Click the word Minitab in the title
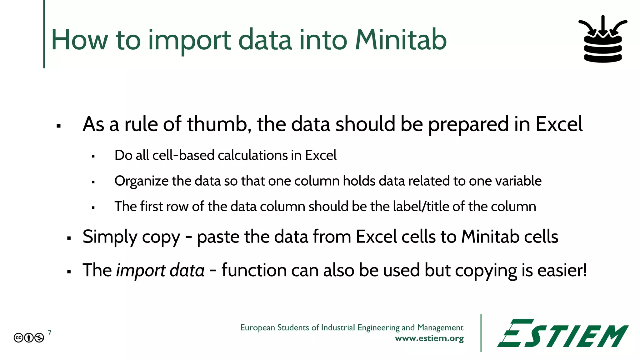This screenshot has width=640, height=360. pyautogui.click(x=401, y=40)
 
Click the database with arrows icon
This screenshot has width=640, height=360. pyautogui.click(x=603, y=39)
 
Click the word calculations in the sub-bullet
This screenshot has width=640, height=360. pyautogui.click(x=252, y=155)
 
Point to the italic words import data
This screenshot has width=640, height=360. pyautogui.click(x=160, y=271)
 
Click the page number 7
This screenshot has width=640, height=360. pyautogui.click(x=50, y=332)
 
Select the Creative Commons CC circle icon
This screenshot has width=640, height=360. pyautogui.click(x=18, y=338)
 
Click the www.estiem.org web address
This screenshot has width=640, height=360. pyautogui.click(x=429, y=338)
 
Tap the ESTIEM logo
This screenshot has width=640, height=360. pyautogui.click(x=562, y=333)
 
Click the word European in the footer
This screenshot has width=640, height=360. pyautogui.click(x=257, y=327)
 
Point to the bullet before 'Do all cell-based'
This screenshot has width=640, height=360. pyautogui.click(x=93, y=156)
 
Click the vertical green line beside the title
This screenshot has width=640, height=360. pyautogui.click(x=44, y=34)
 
